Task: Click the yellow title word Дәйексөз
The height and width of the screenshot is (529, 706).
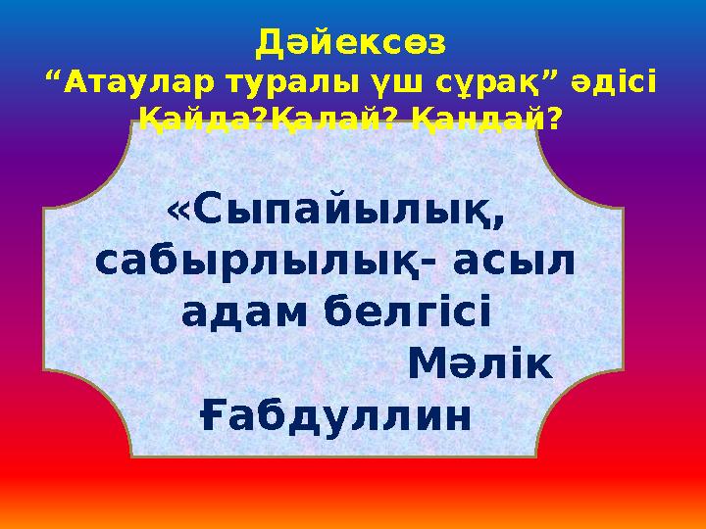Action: [350, 43]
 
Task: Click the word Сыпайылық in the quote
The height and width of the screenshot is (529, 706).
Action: [350, 212]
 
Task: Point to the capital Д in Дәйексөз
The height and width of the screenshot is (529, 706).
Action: [268, 43]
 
